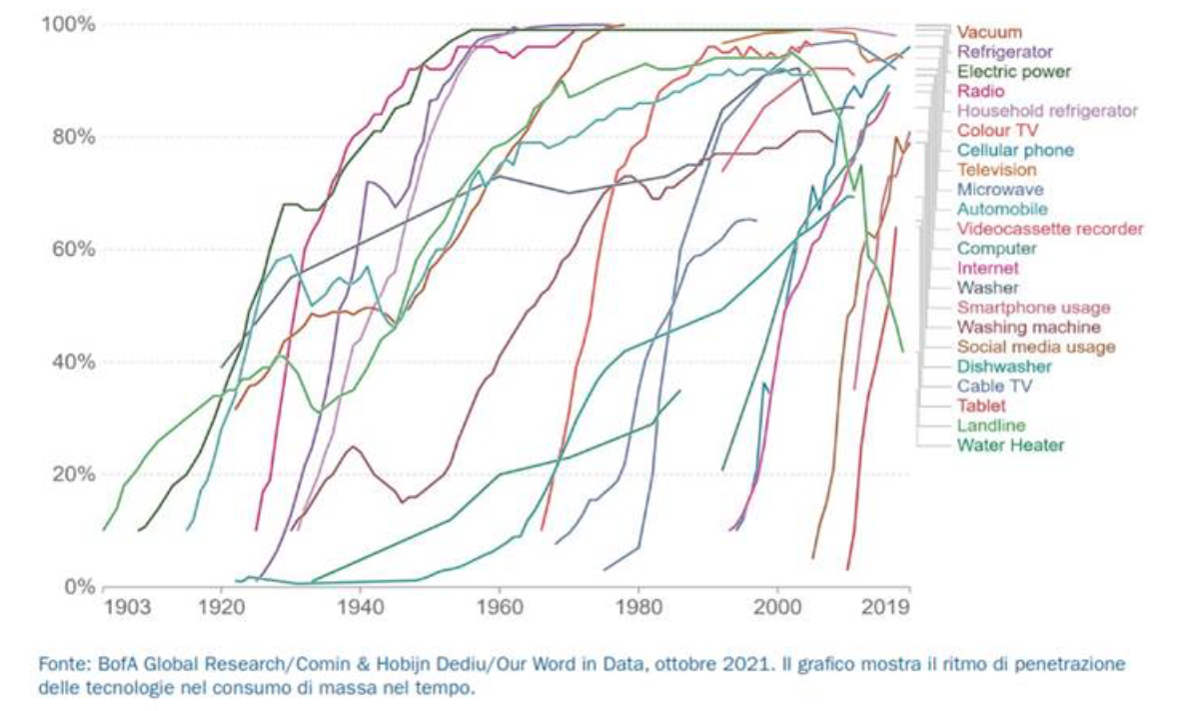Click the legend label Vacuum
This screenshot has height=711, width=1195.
tap(989, 32)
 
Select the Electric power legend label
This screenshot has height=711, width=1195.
tap(1014, 72)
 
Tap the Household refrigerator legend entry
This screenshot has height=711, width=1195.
tap(1047, 111)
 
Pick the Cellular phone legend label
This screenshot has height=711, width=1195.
tap(1015, 150)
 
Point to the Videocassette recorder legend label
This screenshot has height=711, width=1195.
tap(1049, 229)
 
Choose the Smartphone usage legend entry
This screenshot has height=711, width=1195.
tap(1033, 308)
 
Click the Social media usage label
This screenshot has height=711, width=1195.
tap(1036, 348)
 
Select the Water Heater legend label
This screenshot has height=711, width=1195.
tap(1010, 445)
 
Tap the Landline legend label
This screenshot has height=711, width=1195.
tap(991, 425)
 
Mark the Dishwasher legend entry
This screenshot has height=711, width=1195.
tap(1004, 366)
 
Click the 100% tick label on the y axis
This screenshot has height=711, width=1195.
tap(68, 24)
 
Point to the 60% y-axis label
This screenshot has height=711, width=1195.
tap(72, 249)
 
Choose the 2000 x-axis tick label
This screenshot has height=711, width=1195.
tap(777, 607)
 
